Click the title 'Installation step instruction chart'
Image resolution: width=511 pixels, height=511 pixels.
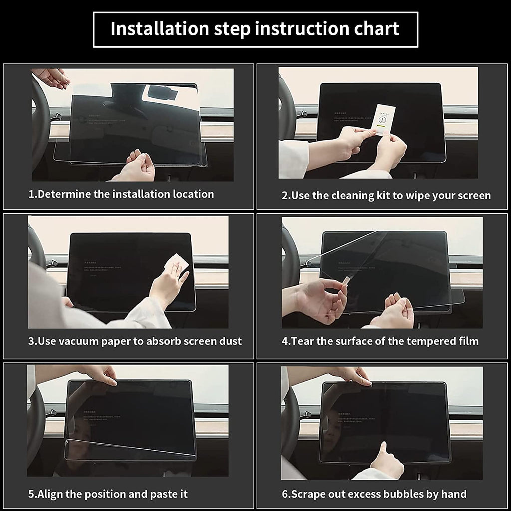point(255,29)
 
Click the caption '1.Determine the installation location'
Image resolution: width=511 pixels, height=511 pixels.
point(121,194)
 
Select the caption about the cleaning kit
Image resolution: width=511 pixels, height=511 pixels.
point(386,195)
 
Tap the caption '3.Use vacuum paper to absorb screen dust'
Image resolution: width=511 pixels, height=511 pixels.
point(135,341)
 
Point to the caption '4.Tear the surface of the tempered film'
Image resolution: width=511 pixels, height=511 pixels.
point(380,341)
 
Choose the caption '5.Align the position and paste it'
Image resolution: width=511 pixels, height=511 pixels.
point(108,494)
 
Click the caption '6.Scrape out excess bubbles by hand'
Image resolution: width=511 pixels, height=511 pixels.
point(374,494)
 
